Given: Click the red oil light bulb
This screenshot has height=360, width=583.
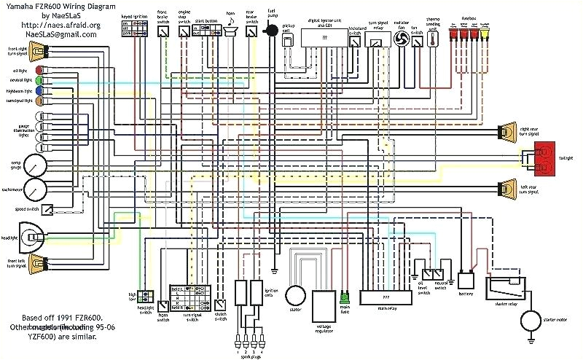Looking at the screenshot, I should click(x=38, y=70).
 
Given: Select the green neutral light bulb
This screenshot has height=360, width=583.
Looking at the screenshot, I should click(x=38, y=80).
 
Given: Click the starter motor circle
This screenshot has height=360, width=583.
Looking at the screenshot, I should click(x=531, y=321).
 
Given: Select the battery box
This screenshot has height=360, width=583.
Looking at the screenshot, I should click(x=466, y=281).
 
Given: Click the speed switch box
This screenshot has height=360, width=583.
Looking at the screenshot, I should click(x=47, y=209).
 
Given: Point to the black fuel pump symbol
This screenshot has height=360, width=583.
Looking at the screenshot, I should click(x=271, y=31).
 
